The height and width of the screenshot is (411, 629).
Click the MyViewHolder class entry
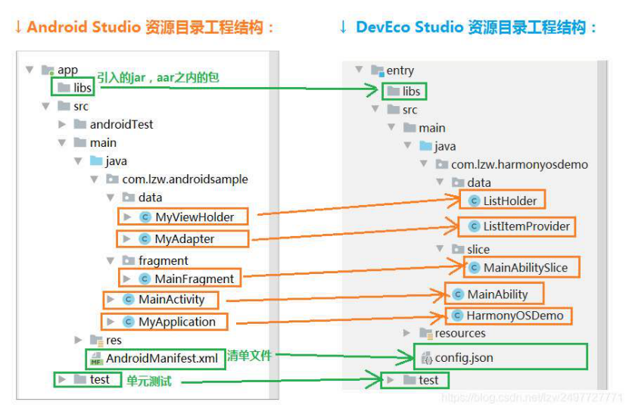(186, 217)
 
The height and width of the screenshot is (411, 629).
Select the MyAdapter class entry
(176, 239)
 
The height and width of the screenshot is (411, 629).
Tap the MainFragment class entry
(186, 279)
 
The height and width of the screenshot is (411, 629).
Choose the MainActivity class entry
(163, 300)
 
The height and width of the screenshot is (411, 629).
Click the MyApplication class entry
(169, 322)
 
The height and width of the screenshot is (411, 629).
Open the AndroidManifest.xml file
(154, 358)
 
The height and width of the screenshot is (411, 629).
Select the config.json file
(458, 358)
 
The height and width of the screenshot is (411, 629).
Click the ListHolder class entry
(503, 201)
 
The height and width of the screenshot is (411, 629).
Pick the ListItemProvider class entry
(519, 226)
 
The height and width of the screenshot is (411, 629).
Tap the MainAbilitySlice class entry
(518, 267)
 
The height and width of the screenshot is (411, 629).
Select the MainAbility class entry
(490, 294)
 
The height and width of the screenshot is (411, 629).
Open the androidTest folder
(114, 124)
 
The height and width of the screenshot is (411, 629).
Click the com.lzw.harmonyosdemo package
(512, 164)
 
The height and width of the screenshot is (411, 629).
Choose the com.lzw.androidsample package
(177, 179)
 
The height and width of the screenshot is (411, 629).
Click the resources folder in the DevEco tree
(453, 333)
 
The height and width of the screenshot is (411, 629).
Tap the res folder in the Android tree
(106, 340)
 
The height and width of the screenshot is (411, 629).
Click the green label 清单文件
(249, 355)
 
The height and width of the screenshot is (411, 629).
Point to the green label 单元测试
(149, 381)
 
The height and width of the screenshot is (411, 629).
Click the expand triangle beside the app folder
(30, 70)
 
